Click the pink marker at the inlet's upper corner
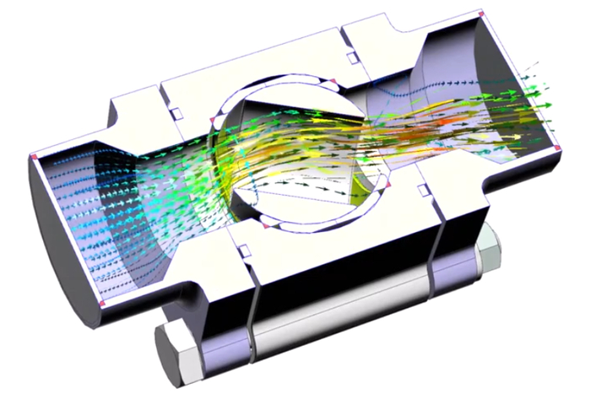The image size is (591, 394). pyautogui.click(x=33, y=158)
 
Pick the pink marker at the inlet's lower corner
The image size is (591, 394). pyautogui.click(x=103, y=302)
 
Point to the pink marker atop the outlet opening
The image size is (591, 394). pyautogui.click(x=480, y=15)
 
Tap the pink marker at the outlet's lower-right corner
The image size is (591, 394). pyautogui.click(x=558, y=149)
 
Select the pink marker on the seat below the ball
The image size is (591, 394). pyautogui.click(x=264, y=227)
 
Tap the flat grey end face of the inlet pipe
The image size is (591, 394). pyautogui.click(x=59, y=253)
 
